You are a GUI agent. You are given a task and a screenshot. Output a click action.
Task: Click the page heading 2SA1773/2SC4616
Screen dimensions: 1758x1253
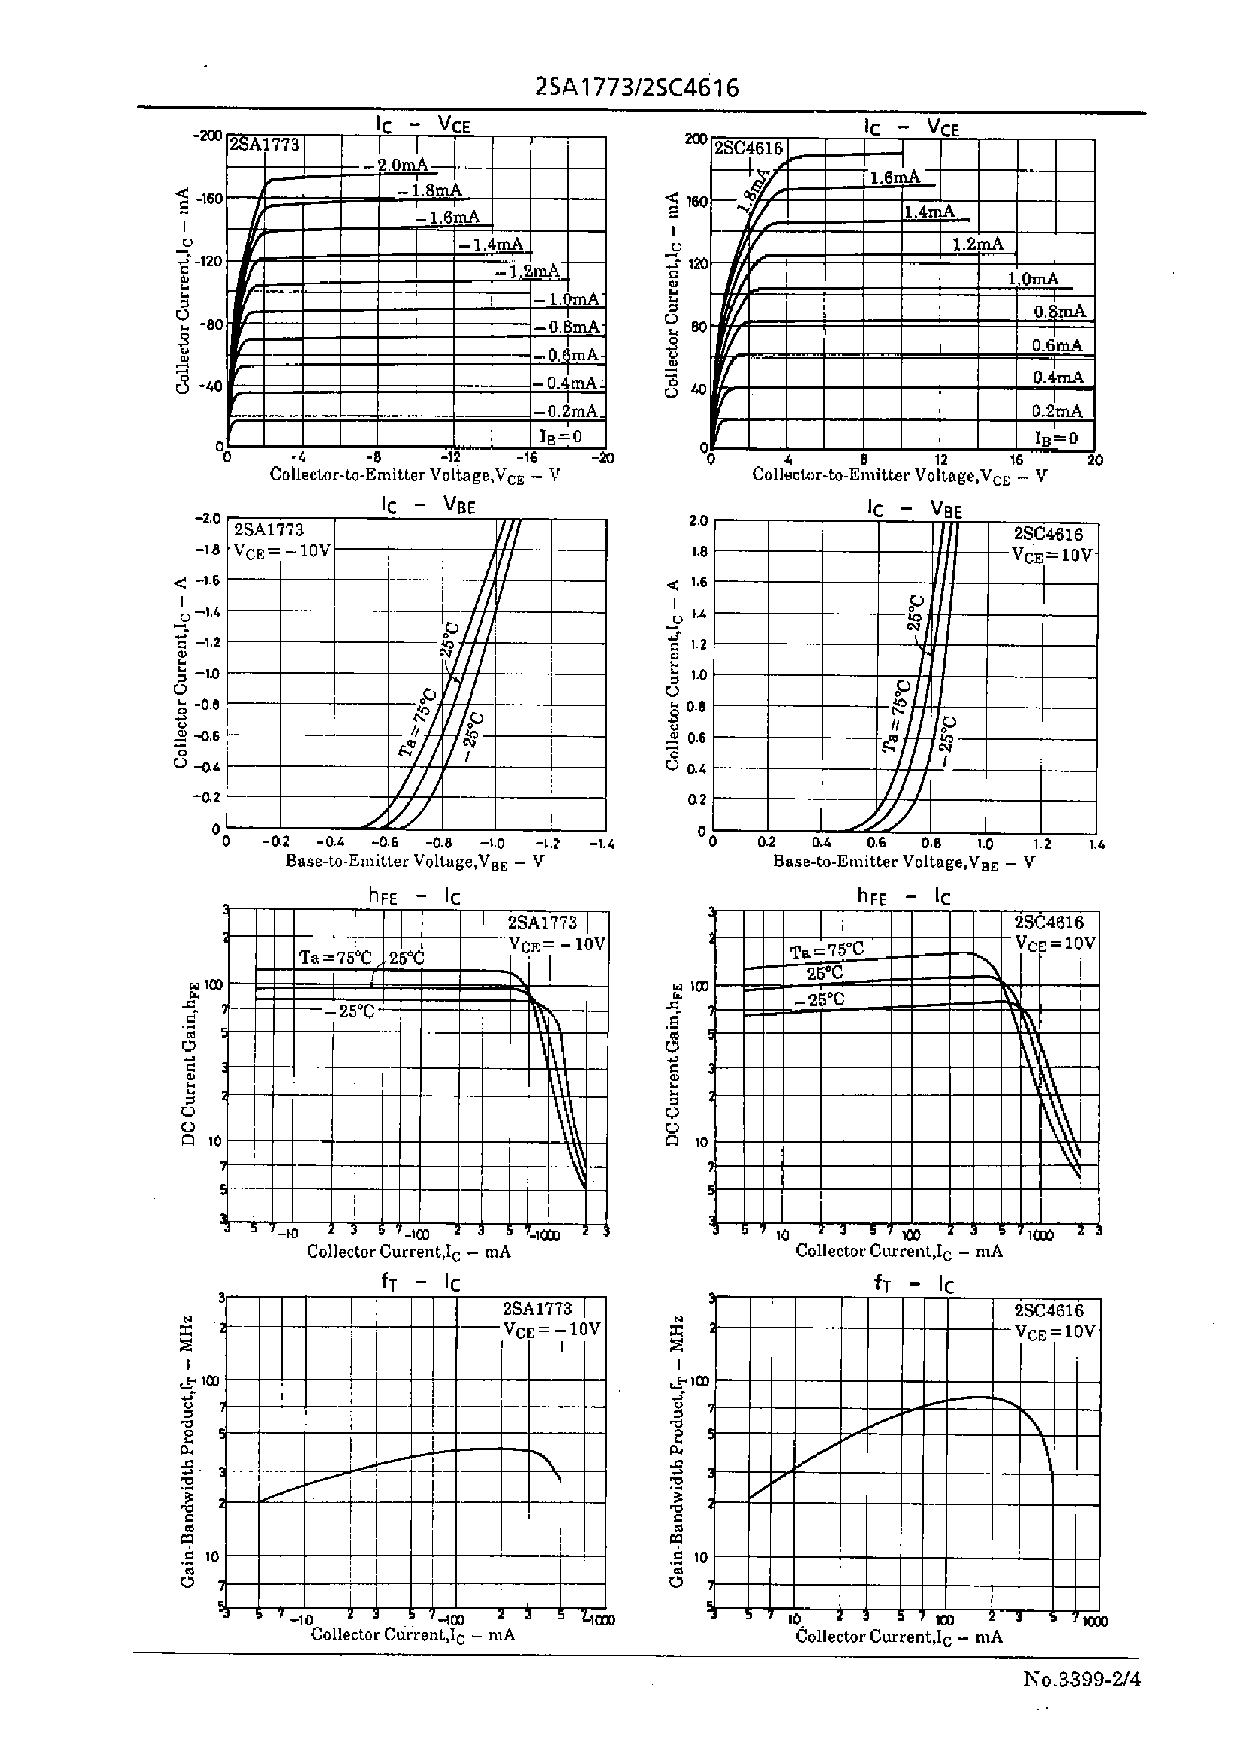tap(637, 89)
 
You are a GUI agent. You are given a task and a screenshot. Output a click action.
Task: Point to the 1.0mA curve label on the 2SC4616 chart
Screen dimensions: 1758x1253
tap(1033, 278)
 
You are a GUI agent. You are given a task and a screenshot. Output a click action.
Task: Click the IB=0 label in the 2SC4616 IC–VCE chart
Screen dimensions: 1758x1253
tap(1055, 438)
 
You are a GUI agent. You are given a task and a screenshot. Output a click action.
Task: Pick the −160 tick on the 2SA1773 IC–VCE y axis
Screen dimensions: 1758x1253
tap(209, 198)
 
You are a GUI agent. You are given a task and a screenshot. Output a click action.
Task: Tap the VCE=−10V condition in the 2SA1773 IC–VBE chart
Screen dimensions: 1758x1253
tap(283, 550)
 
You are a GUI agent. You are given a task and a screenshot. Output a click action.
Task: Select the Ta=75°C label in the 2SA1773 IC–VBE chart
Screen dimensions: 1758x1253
tap(417, 723)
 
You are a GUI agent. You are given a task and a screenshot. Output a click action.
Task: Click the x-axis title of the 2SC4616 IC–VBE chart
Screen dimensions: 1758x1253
tap(904, 862)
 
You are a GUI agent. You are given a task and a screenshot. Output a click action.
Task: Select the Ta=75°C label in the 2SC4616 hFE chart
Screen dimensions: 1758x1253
tap(826, 951)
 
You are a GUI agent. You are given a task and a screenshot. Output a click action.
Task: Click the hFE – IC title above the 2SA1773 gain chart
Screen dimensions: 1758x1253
tap(414, 896)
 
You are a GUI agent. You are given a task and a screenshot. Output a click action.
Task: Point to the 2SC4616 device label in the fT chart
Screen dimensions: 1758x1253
tap(1049, 1310)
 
